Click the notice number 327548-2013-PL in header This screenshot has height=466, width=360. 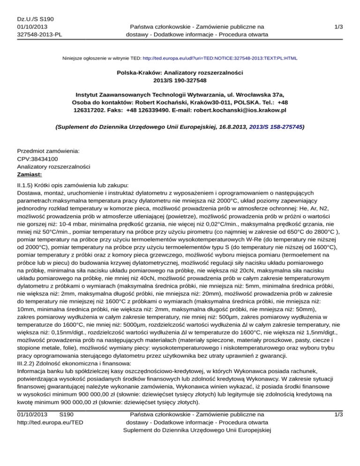point(40,34)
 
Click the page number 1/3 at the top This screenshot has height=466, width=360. point(337,27)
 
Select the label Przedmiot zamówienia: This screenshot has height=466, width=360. point(48,151)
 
